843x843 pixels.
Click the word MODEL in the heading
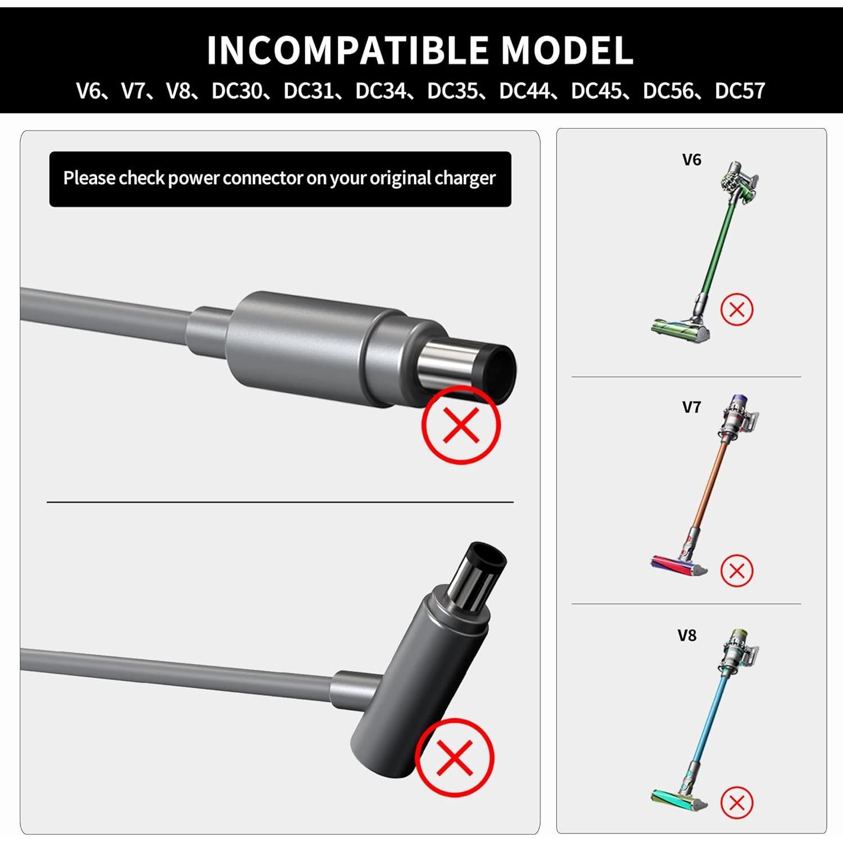click(x=567, y=51)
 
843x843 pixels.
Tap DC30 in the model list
click(x=237, y=91)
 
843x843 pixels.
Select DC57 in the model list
click(x=740, y=91)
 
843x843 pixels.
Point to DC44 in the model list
click(x=524, y=91)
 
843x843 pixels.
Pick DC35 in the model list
click(x=452, y=91)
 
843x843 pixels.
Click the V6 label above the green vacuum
click(x=691, y=160)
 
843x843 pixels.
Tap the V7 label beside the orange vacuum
click(x=691, y=407)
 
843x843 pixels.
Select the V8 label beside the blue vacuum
click(x=687, y=636)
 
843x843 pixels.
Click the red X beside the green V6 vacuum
click(x=736, y=309)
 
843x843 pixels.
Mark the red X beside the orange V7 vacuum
click(x=736, y=571)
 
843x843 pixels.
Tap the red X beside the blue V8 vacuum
click(x=736, y=803)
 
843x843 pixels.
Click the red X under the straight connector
click(x=461, y=425)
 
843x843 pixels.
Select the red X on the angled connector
click(x=455, y=757)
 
